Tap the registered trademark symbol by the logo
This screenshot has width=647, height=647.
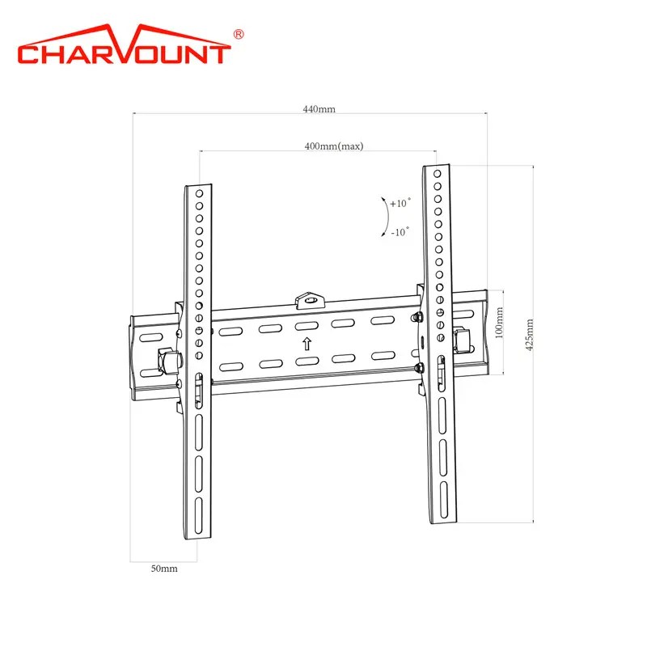click(x=239, y=34)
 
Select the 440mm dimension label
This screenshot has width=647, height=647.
click(x=319, y=110)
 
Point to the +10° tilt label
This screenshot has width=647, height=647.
click(x=400, y=204)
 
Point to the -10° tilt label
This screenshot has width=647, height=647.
click(x=400, y=231)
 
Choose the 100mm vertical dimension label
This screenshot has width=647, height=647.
click(x=498, y=321)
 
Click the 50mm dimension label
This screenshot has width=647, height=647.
click(x=164, y=569)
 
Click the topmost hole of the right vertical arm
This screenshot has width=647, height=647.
click(x=437, y=173)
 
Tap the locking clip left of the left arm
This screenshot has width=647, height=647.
click(x=168, y=361)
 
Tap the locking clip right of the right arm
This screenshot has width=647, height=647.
click(x=462, y=339)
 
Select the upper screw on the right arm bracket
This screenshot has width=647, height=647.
click(x=417, y=316)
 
